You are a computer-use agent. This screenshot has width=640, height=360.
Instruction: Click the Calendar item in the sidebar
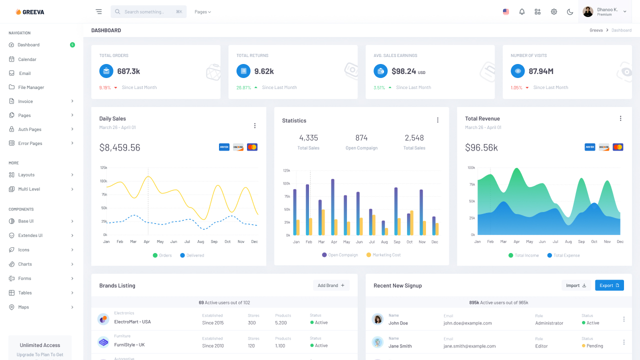coord(27,59)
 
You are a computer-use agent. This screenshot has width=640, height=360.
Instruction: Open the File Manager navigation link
coord(31,87)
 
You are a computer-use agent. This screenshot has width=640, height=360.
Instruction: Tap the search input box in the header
coord(148,11)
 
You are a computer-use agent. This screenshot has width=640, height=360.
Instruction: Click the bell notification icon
coord(522,11)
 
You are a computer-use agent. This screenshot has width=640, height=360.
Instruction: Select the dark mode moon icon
coord(570,11)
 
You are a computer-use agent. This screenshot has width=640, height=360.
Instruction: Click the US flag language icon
coord(506,11)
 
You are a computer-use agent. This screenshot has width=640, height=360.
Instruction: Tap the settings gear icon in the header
coord(554,11)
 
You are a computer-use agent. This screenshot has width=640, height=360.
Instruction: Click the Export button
coord(609,285)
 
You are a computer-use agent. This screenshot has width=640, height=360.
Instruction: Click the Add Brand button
coord(331,285)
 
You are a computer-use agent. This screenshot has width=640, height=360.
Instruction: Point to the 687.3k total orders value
coord(128,71)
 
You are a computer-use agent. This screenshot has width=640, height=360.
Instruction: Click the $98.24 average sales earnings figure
coord(404,71)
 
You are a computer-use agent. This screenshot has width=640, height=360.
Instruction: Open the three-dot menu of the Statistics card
coord(437,120)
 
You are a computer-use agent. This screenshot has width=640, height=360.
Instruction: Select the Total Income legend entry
coord(526,255)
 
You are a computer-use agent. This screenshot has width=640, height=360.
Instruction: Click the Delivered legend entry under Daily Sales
coord(195,255)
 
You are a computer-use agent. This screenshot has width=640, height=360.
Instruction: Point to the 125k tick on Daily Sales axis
coord(103,167)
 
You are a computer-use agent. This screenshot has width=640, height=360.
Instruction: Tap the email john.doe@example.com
coord(467,323)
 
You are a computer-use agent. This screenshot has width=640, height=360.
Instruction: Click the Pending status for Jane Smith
coord(594,346)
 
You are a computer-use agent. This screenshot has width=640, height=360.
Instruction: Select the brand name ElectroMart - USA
coord(132,322)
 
